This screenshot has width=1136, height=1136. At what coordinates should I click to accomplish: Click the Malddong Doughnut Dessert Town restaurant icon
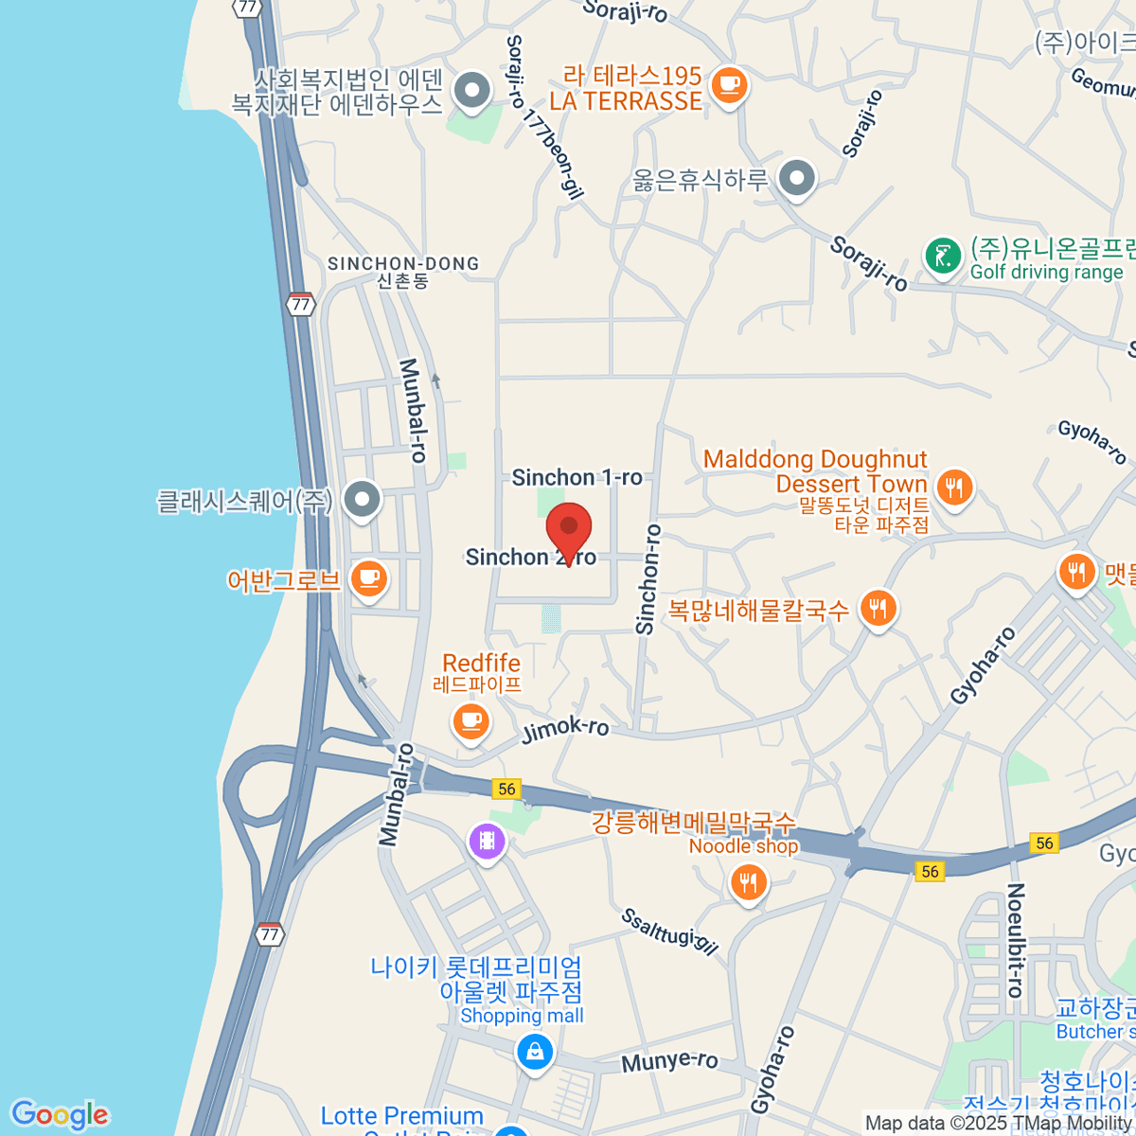click(x=953, y=488)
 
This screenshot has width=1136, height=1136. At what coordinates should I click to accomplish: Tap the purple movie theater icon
click(x=487, y=840)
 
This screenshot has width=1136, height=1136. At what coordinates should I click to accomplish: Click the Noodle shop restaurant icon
click(x=748, y=883)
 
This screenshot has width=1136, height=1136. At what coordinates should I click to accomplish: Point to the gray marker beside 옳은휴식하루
click(x=797, y=178)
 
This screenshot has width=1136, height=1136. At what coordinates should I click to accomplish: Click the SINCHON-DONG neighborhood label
click(x=403, y=264)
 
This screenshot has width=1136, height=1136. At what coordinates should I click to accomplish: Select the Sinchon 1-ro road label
click(x=577, y=477)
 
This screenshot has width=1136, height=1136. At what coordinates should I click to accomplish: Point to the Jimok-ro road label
click(x=565, y=730)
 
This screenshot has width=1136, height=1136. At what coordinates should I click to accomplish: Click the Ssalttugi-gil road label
click(x=670, y=932)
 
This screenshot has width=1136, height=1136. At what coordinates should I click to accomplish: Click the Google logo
click(x=60, y=1115)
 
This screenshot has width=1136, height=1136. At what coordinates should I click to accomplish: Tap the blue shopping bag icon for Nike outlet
click(x=535, y=1052)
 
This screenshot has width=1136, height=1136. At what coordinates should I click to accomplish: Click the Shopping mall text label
click(x=522, y=1016)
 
